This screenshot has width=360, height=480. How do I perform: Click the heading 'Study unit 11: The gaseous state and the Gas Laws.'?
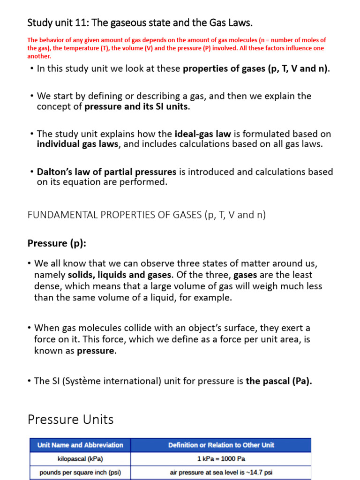[140, 22]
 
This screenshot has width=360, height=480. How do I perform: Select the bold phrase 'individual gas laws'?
[77, 144]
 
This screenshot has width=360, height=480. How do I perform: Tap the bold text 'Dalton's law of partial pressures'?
[106, 172]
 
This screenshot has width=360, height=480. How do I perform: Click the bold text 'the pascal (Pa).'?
[279, 381]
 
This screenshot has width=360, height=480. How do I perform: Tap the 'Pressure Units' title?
[70, 419]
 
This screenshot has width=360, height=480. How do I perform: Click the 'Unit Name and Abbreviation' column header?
[80, 445]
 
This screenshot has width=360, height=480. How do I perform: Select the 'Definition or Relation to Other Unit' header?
[221, 445]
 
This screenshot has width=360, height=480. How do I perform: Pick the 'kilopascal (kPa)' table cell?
[80, 459]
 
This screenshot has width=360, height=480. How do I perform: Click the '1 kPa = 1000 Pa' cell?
[221, 459]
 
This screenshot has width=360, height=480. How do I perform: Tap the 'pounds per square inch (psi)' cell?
[80, 472]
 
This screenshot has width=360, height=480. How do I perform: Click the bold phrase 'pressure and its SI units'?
[137, 106]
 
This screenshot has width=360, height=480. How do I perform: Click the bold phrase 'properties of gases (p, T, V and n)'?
[255, 69]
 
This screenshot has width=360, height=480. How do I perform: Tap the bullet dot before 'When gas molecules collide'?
[30, 328]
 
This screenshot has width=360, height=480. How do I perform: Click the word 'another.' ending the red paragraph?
[39, 56]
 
